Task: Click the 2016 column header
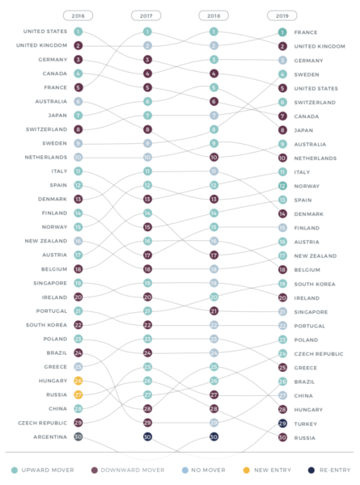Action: (x=78, y=15)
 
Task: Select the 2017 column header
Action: (x=146, y=15)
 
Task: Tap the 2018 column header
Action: (x=214, y=15)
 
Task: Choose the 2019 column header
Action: (x=282, y=15)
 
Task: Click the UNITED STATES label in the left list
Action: (x=46, y=32)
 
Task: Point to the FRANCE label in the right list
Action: (x=305, y=32)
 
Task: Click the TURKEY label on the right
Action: (x=306, y=424)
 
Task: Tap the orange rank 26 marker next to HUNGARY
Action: (x=78, y=381)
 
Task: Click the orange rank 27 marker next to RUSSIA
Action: (x=78, y=394)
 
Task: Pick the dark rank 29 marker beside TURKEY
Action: (x=282, y=424)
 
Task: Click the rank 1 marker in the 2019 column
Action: (x=282, y=32)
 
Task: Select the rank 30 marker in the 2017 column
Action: (x=146, y=436)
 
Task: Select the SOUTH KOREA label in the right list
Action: (x=316, y=284)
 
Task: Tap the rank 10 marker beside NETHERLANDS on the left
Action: (x=78, y=157)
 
